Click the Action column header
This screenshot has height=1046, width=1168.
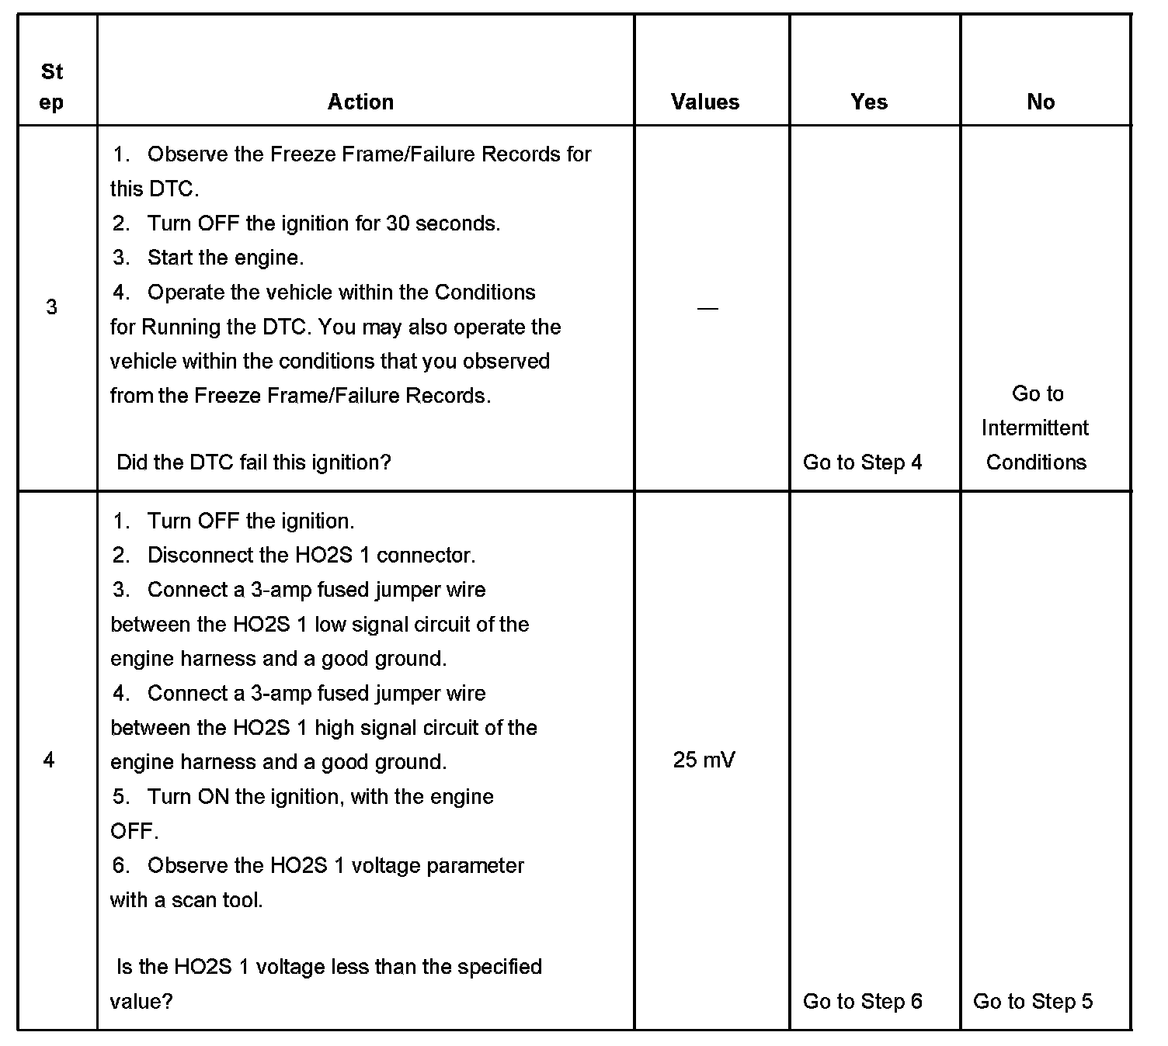pos(360,102)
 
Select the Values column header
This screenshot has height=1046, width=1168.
pos(705,102)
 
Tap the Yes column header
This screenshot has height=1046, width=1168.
pos(869,102)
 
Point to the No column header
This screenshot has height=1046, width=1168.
pos(1041,102)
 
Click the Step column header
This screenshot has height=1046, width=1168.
pos(52,87)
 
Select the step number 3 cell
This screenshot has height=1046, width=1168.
pos(52,307)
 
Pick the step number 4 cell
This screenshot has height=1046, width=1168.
pos(50,760)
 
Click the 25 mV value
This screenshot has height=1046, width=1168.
pos(704,760)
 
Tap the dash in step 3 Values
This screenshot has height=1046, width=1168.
pos(707,308)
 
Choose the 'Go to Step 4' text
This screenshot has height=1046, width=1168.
pos(862,462)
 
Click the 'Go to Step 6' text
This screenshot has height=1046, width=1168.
pos(862,1001)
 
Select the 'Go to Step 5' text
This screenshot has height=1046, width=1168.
pos(1033,1001)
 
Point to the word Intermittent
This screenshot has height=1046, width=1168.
pos(1035,428)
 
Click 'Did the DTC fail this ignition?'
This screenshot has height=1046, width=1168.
pos(253,462)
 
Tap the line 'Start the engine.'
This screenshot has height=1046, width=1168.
pos(225,258)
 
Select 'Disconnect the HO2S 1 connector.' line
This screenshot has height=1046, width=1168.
pos(311,556)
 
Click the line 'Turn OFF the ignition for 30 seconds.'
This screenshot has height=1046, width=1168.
pos(323,223)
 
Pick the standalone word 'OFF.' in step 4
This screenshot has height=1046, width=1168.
pos(134,831)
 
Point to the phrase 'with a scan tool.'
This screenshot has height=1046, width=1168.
pos(186,900)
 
